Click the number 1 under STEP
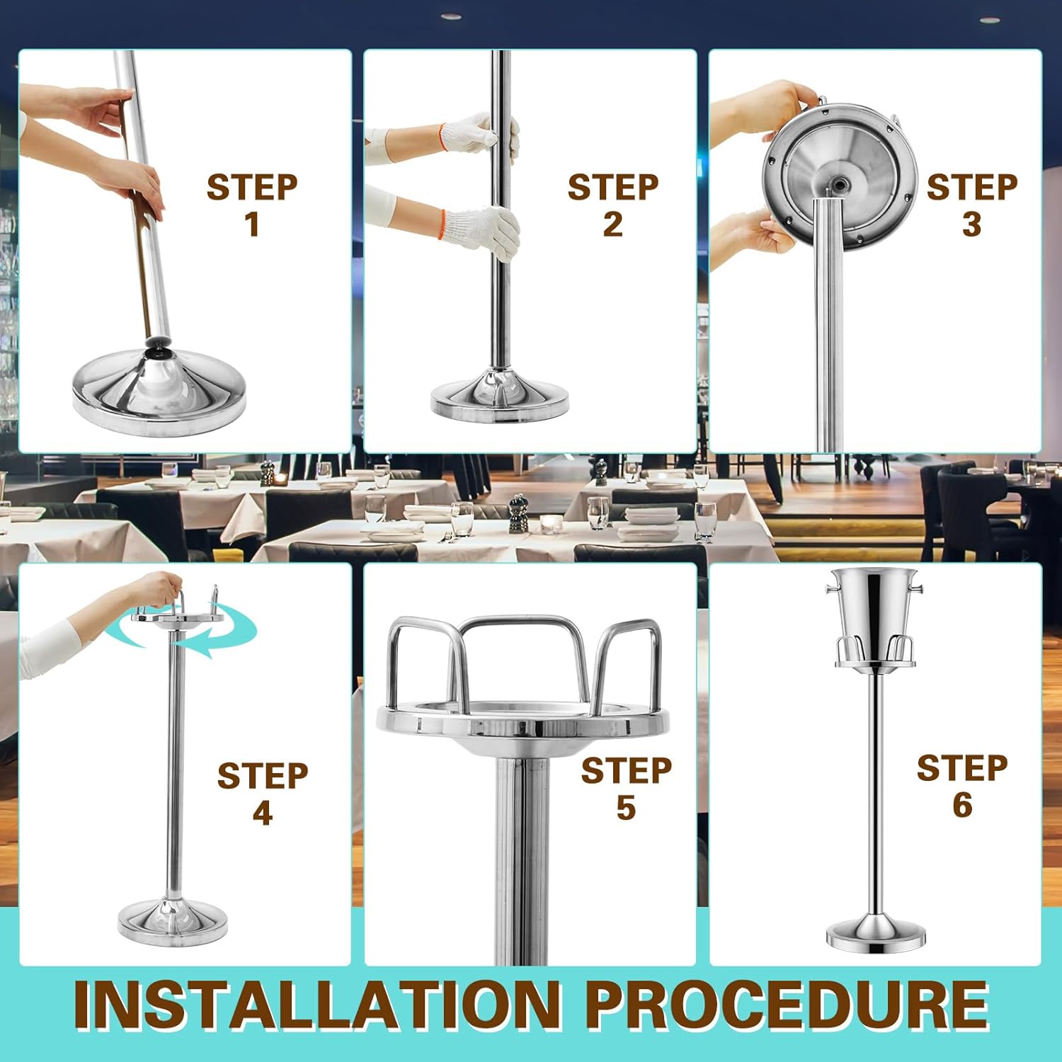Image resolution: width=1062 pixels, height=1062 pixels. (253, 224)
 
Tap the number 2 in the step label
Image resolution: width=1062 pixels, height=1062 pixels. (613, 224)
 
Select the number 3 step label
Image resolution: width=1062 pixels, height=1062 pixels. (972, 224)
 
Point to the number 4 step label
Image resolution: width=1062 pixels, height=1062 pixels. (263, 813)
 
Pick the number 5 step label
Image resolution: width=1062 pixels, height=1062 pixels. (626, 808)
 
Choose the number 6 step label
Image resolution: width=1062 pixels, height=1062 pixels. (962, 805)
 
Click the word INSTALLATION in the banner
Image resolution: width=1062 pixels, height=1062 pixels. (317, 1005)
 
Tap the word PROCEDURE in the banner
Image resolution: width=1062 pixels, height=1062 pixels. (787, 1005)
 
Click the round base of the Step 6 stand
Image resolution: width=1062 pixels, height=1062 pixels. (876, 932)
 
